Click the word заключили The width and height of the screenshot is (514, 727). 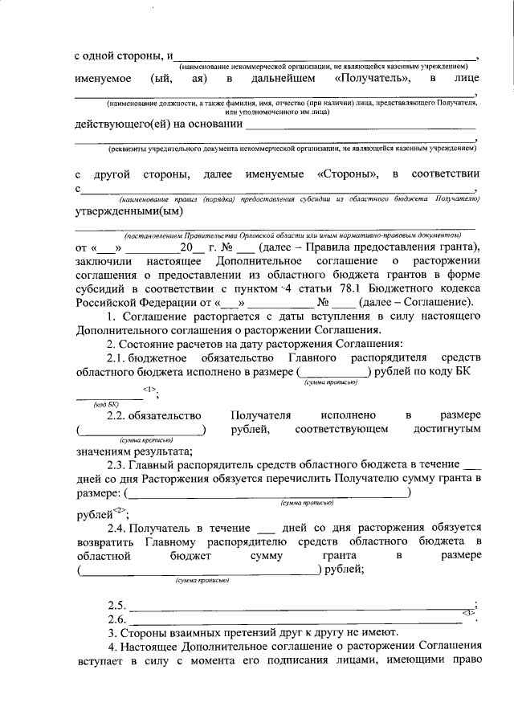[x=105, y=261]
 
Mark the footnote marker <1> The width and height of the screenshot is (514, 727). [x=149, y=389]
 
